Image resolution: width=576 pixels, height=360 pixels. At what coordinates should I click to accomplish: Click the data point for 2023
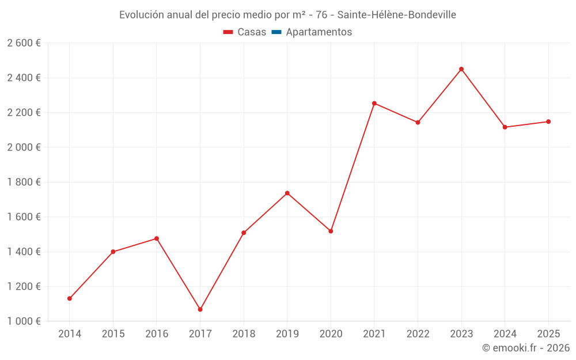[x=461, y=69]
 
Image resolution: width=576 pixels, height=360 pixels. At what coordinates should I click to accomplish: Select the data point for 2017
[x=200, y=309]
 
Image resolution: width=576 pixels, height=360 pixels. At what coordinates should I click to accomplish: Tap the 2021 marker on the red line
[x=374, y=103]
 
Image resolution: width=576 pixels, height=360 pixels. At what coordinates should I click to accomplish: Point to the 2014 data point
[x=70, y=298]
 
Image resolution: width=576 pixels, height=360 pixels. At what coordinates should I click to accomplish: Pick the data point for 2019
[x=287, y=193]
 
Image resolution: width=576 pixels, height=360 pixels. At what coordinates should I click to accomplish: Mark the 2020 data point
[x=331, y=231]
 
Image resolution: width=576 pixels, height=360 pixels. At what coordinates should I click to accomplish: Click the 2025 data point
[x=548, y=122]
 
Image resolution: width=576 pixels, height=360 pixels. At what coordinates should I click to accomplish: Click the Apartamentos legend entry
[x=319, y=32]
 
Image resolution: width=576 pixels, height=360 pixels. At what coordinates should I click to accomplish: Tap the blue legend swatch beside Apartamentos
[x=276, y=32]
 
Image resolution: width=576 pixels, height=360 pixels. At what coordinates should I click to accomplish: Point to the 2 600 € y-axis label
[x=24, y=43]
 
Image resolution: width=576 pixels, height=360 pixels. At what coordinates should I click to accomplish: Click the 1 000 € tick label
[x=24, y=321]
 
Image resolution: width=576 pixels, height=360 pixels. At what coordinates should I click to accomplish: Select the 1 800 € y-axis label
[x=24, y=183]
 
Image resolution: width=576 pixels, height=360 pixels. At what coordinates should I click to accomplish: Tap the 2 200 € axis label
[x=24, y=113]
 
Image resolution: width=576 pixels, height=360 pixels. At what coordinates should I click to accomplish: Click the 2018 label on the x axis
[x=244, y=334]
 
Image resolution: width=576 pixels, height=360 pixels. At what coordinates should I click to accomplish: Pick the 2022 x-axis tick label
[x=418, y=334]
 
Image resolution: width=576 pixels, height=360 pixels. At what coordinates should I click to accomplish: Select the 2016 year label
[x=157, y=334]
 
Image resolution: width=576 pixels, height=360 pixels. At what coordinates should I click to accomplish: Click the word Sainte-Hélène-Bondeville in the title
[x=397, y=15]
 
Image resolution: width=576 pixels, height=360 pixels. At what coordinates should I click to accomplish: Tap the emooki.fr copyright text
[x=525, y=348]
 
